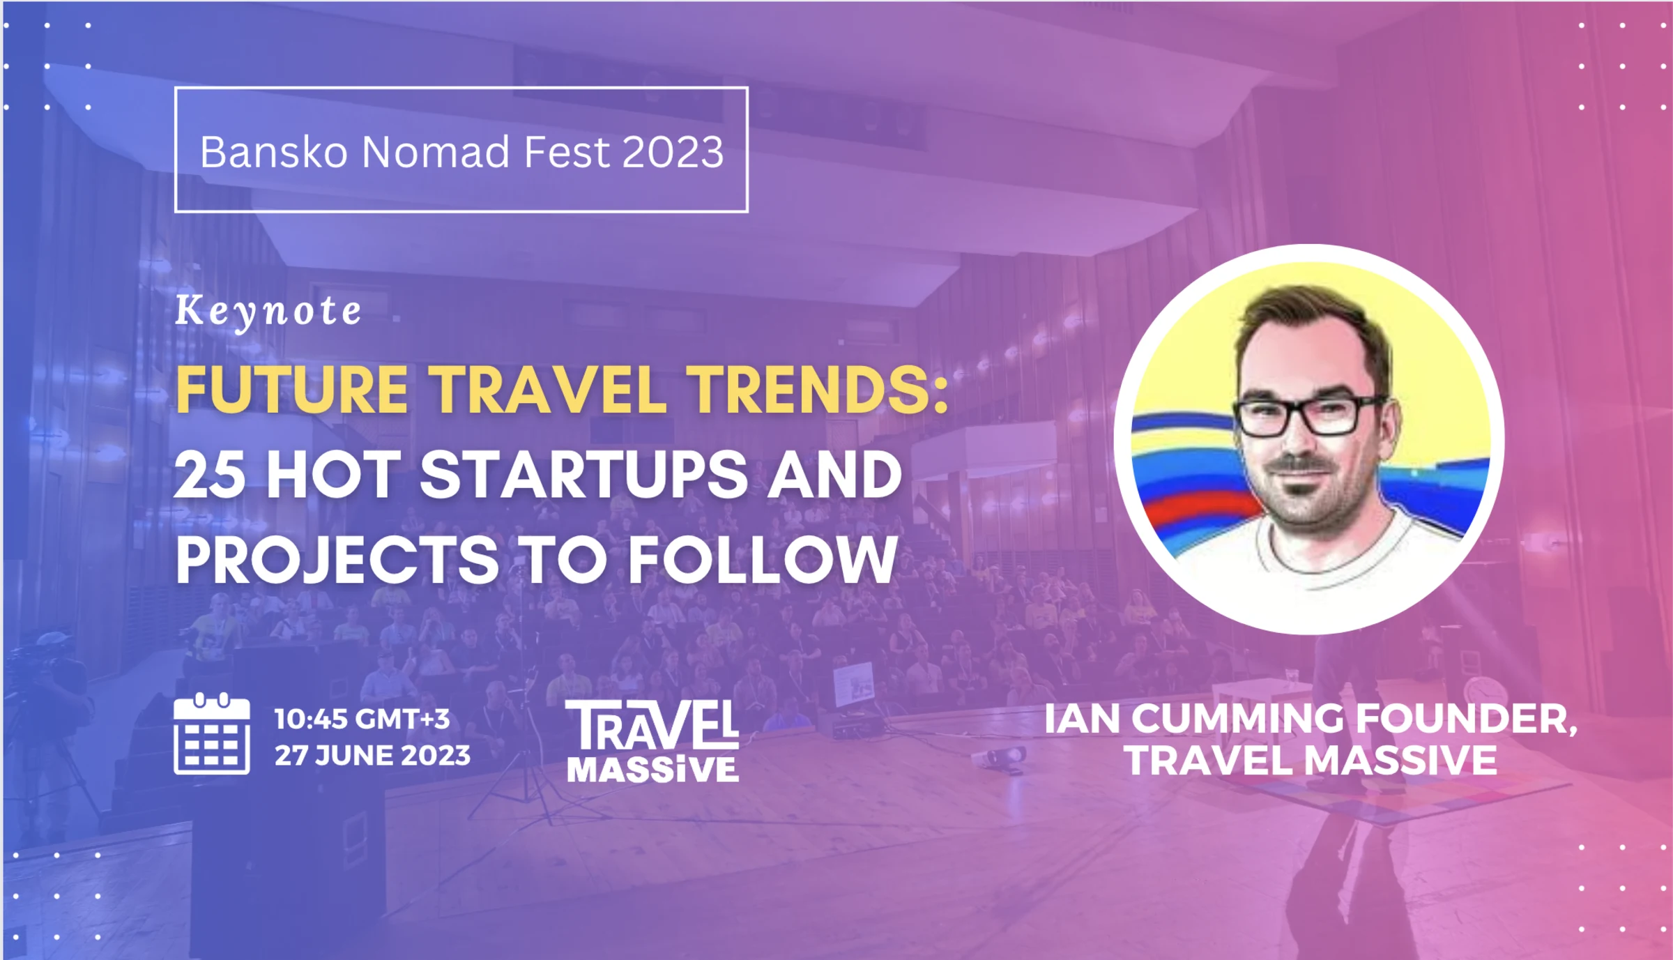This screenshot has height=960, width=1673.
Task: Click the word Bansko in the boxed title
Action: point(274,151)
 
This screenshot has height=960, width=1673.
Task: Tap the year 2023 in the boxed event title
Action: point(673,151)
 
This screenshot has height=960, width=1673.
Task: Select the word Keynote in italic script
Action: point(268,311)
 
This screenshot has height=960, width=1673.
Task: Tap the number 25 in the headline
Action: point(210,474)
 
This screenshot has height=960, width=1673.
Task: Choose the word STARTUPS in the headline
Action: point(584,474)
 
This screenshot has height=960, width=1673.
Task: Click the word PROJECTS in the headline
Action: point(337,560)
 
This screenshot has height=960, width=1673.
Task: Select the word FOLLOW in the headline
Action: point(763,560)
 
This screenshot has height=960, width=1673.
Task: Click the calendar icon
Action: point(212,734)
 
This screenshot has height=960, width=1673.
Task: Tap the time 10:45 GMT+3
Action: point(362,719)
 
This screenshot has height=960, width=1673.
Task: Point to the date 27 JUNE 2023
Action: point(372,756)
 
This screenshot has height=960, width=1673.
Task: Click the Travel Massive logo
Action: point(652,740)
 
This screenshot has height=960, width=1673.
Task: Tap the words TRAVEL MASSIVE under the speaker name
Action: point(1311,760)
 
